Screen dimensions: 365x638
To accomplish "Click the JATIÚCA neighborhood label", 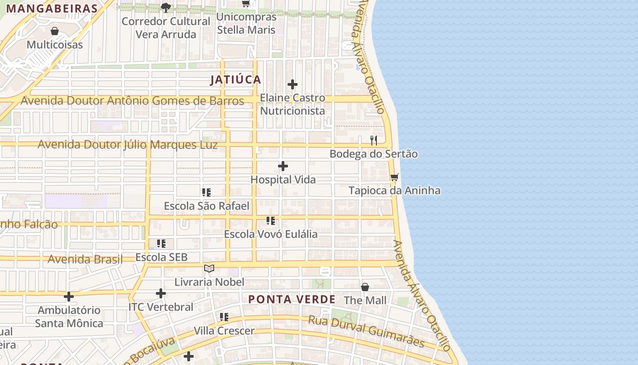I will point(236,80).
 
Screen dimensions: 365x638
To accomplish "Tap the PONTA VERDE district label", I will point(292,300).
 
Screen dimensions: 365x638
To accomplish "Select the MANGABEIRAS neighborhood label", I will point(52,9).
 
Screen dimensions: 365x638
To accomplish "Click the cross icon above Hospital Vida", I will point(283,166).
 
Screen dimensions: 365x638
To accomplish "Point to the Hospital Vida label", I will point(283,180).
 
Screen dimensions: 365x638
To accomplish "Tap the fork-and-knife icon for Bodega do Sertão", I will point(374,140).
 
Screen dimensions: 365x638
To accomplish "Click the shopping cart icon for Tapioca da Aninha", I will point(394,177).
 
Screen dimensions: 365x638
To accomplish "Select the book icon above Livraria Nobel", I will point(209,269).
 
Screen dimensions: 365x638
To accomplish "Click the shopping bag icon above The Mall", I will point(365,287).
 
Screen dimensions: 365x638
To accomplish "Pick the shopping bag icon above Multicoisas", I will point(55,31).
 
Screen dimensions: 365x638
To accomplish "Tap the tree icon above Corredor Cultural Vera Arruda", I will point(165,7).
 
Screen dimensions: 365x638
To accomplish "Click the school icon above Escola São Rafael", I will point(206,193).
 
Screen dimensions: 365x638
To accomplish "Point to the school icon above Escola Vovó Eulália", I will point(271,221).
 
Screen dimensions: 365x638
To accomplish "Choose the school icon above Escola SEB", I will point(161,244).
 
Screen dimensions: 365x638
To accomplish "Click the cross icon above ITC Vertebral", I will point(161,293).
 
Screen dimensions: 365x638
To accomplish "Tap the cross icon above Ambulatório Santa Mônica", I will point(69,297).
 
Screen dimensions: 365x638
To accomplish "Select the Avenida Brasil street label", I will point(85,260).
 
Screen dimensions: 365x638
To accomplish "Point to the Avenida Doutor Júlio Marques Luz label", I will point(128,145).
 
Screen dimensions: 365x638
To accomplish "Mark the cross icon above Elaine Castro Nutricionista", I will point(293,84).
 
